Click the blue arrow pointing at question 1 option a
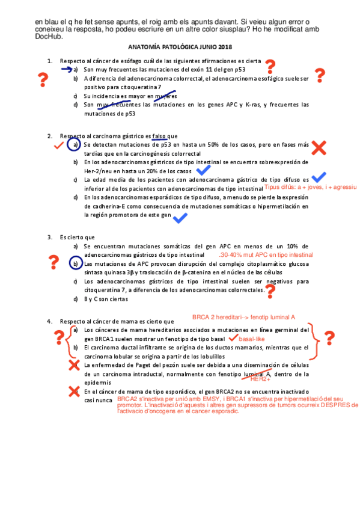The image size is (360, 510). point(66,69)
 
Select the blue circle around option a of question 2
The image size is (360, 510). point(75,145)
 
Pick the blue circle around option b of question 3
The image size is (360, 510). point(75,263)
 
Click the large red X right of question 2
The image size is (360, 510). point(319,147)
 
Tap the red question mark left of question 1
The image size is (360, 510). point(43,79)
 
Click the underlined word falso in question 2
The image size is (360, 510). point(160,136)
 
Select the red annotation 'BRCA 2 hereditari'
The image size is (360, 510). point(216,317)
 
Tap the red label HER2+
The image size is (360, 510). point(260,379)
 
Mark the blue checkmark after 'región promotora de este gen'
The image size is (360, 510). point(179,218)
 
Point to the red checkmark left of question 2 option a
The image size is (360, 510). point(58,146)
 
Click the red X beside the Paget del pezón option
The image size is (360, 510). point(74,365)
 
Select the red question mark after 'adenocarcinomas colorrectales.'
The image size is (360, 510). point(270,292)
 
